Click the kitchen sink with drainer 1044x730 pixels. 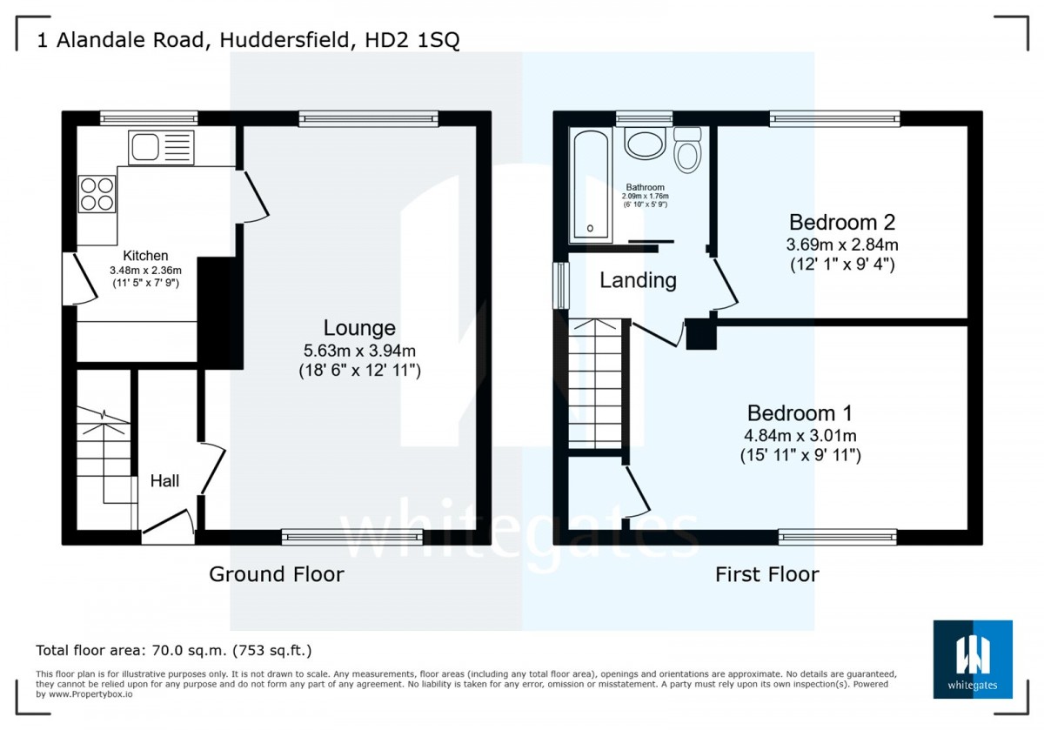pyautogui.click(x=161, y=147)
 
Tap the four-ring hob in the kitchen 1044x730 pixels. pyautogui.click(x=97, y=194)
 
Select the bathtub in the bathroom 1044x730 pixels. pyautogui.click(x=591, y=185)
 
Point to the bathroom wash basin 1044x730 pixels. pyautogui.click(x=645, y=143)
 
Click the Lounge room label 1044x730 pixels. pyautogui.click(x=359, y=328)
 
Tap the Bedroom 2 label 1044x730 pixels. pyautogui.click(x=842, y=223)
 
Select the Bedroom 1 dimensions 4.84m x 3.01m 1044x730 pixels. pyautogui.click(x=800, y=435)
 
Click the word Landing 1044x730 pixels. pyautogui.click(x=638, y=280)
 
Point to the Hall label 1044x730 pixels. pyautogui.click(x=164, y=480)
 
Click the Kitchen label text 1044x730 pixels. pyautogui.click(x=145, y=256)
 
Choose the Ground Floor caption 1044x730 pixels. pyautogui.click(x=277, y=574)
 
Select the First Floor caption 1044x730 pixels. pyautogui.click(x=767, y=574)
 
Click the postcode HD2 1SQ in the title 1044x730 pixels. pyautogui.click(x=412, y=40)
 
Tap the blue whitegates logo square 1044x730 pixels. pyautogui.click(x=973, y=660)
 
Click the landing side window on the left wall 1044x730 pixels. pyautogui.click(x=561, y=285)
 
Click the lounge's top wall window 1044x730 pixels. pyautogui.click(x=368, y=118)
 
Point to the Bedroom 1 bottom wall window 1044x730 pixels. pyautogui.click(x=838, y=537)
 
